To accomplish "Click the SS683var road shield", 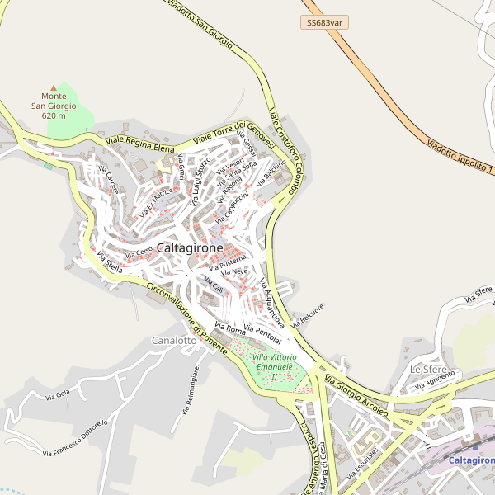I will (323, 22).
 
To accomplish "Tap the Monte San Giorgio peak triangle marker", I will (54, 87).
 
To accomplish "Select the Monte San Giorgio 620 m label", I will (54, 106).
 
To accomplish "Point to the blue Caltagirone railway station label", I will (471, 460).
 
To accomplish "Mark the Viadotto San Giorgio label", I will (200, 21).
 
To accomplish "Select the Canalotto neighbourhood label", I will (174, 340).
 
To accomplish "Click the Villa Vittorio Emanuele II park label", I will (274, 365).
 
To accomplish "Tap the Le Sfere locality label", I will (427, 368).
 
